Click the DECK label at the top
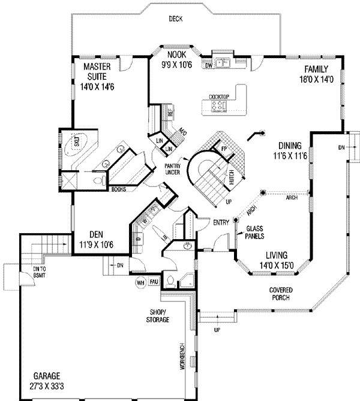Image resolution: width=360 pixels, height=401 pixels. coord(176,19)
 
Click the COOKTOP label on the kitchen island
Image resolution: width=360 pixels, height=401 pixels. coord(220,97)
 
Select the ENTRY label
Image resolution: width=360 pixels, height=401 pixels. coord(221,223)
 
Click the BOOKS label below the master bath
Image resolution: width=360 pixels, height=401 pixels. coord(119,191)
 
